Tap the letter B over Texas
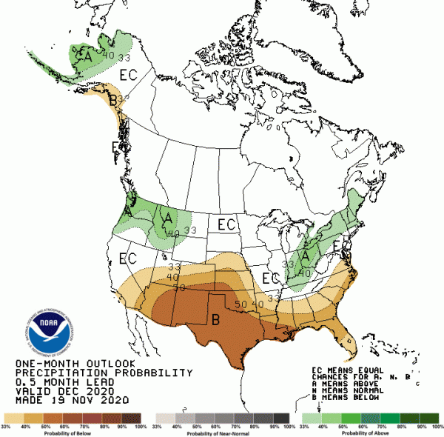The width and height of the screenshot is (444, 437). tap(216, 320)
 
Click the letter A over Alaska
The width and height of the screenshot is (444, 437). tap(87, 55)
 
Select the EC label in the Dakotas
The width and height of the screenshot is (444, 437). tap(226, 224)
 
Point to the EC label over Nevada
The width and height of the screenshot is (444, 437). tap(128, 259)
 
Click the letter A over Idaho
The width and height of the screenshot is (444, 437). tap(168, 218)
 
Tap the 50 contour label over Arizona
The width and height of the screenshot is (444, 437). tap(178, 287)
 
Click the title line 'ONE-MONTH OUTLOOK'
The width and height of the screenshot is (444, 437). tap(75, 364)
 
